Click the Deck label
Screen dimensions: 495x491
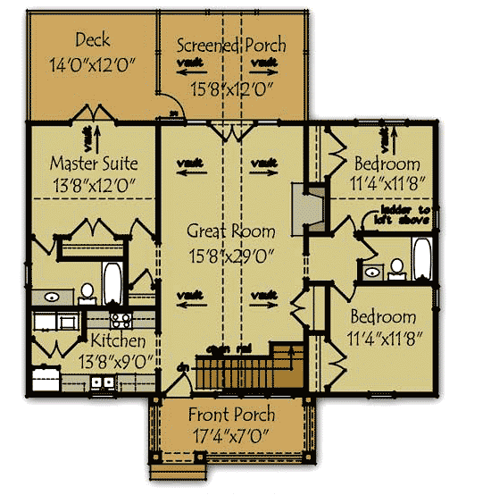pyautogui.click(x=93, y=39)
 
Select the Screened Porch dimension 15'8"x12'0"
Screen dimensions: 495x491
pyautogui.click(x=231, y=89)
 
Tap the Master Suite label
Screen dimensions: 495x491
pyautogui.click(x=94, y=164)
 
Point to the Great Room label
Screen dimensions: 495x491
pyautogui.click(x=230, y=231)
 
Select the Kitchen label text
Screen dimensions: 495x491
pyautogui.click(x=118, y=341)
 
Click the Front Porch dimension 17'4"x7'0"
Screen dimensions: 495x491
pyautogui.click(x=231, y=438)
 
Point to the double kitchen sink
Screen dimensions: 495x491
pyautogui.click(x=102, y=383)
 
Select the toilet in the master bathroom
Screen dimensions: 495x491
pyautogui.click(x=87, y=291)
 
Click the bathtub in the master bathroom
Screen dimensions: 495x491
pyautogui.click(x=112, y=285)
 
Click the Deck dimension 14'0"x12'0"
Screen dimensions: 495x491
pyautogui.click(x=93, y=64)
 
